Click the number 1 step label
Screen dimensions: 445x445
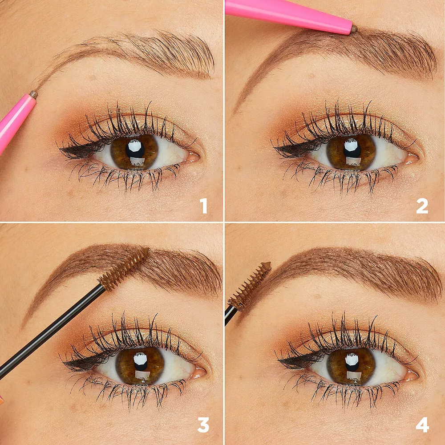203,206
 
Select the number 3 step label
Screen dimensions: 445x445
203,425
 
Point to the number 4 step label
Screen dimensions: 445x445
422,425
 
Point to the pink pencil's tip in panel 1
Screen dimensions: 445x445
33,94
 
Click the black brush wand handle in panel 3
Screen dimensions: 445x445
49,329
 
